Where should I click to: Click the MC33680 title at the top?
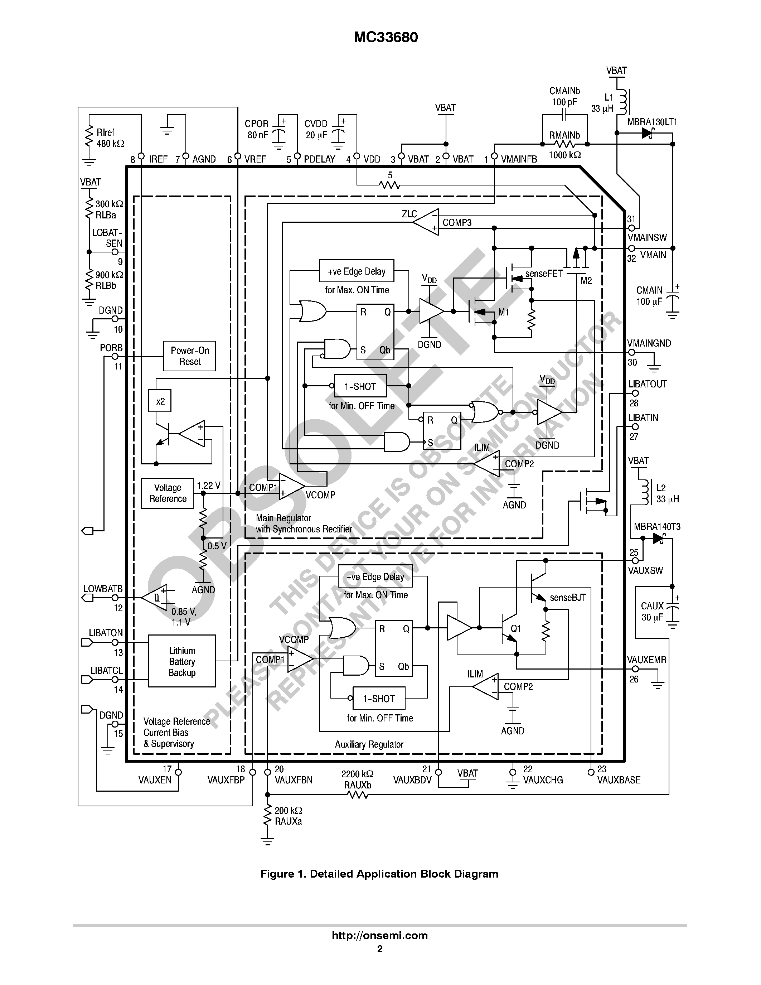click(x=386, y=38)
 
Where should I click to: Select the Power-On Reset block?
click(x=189, y=356)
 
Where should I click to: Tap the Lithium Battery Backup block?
click(x=182, y=661)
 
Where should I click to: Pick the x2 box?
click(x=160, y=401)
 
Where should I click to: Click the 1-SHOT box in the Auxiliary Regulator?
click(x=379, y=699)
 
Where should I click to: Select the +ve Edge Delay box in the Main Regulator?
click(x=356, y=271)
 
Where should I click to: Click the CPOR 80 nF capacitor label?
click(x=257, y=129)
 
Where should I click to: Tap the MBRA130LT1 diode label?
click(x=652, y=122)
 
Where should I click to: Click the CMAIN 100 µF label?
click(x=649, y=296)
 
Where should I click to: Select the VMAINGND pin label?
click(x=649, y=343)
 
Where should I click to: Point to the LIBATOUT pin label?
click(x=648, y=384)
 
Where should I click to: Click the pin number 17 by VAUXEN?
click(x=167, y=769)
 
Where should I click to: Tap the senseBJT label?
click(x=568, y=598)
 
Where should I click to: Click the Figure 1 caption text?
click(x=379, y=874)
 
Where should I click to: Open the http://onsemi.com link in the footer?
click(x=379, y=935)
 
